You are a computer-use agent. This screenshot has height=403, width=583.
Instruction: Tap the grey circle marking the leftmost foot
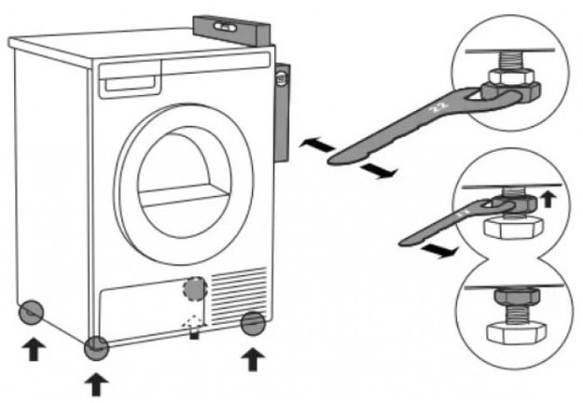click(31, 312)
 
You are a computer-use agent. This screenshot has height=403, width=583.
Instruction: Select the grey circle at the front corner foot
click(97, 349)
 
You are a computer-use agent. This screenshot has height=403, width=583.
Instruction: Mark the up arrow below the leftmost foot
click(33, 349)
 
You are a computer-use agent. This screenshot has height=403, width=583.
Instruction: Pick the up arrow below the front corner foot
click(97, 382)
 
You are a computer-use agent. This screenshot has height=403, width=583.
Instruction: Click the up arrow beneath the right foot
click(251, 357)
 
